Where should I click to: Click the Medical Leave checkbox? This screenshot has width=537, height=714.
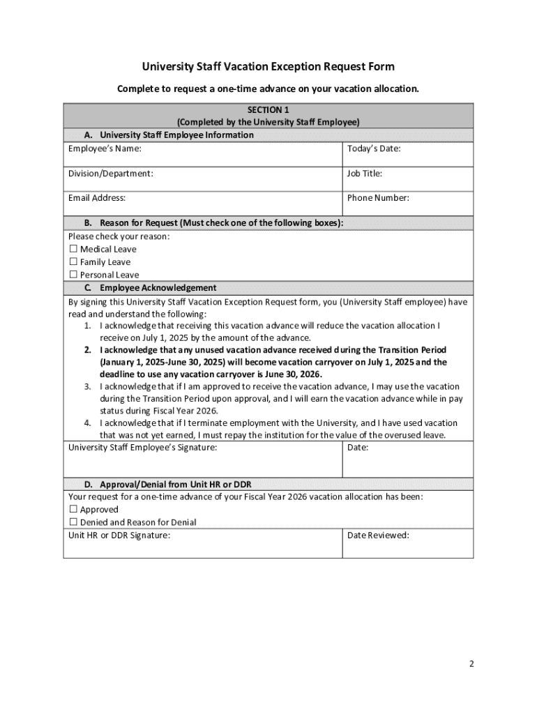tap(73, 249)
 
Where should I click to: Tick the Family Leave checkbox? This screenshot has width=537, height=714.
tap(73, 262)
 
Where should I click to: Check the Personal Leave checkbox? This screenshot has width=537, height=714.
tap(73, 275)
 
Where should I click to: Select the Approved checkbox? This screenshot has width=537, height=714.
tap(73, 510)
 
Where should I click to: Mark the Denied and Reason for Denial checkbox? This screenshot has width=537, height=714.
tap(73, 522)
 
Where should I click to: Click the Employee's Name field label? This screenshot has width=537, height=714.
tap(105, 149)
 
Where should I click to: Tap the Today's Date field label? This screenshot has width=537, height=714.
tap(374, 149)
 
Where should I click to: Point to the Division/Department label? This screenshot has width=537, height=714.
tap(110, 174)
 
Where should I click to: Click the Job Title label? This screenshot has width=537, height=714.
tap(365, 174)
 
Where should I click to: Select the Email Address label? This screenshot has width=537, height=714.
tap(97, 198)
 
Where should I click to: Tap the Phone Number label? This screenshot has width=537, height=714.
tap(378, 198)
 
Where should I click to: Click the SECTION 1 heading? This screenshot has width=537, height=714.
tap(268, 109)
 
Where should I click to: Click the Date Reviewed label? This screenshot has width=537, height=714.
tap(378, 535)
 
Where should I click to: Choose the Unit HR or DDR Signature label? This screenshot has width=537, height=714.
tap(119, 535)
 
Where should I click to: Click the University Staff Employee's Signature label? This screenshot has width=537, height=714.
tap(142, 448)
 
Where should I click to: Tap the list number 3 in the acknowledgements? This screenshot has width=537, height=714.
tap(87, 386)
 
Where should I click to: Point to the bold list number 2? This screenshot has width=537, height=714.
tap(87, 350)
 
